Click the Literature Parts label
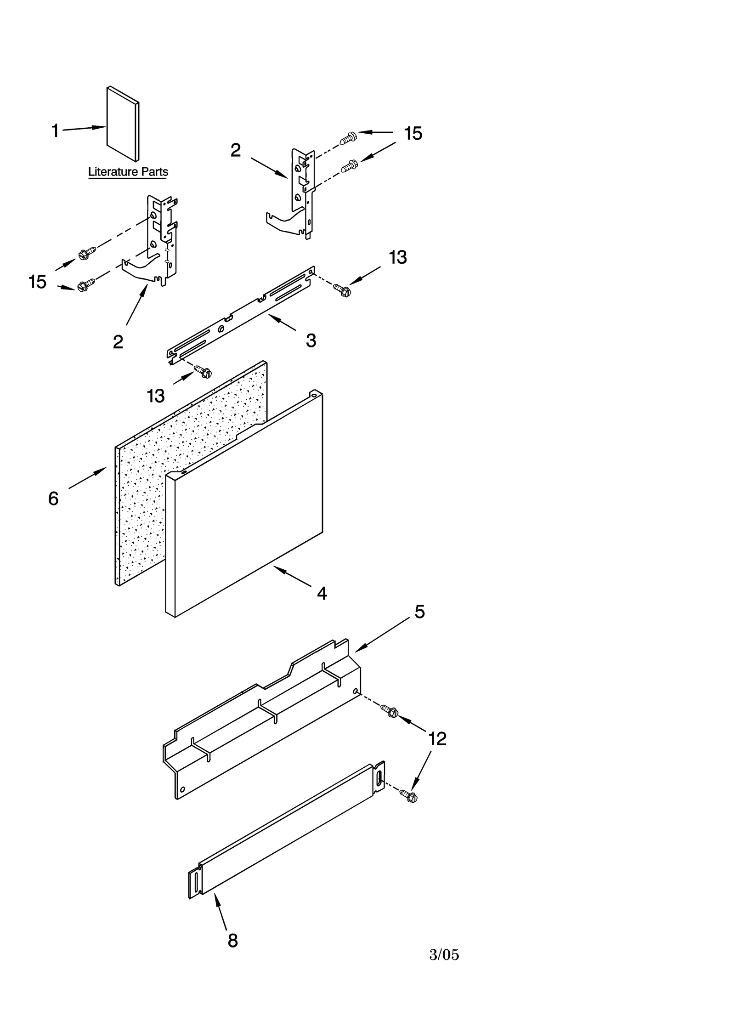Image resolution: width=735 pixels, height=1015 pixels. [x=128, y=172]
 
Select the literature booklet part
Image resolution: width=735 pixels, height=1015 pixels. [x=123, y=124]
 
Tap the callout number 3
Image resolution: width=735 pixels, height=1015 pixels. [x=311, y=340]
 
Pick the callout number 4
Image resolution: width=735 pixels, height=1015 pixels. [x=322, y=594]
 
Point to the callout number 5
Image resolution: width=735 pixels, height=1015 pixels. [x=420, y=612]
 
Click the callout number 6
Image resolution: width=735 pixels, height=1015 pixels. [x=53, y=499]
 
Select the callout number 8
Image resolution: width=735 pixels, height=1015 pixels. [x=233, y=941]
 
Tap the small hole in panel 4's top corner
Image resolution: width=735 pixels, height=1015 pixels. [x=314, y=394]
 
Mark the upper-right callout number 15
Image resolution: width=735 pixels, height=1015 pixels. [x=413, y=133]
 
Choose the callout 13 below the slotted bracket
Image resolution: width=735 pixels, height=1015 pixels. [x=156, y=396]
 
